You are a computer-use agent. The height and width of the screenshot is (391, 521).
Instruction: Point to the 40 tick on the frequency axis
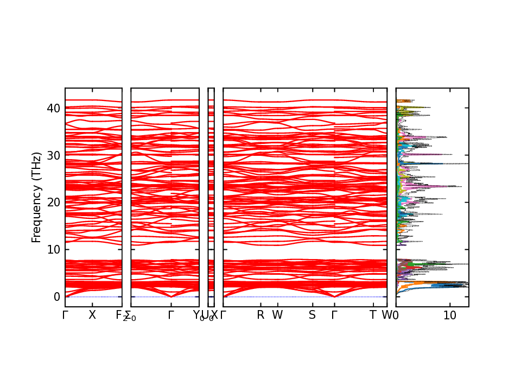click(53, 108)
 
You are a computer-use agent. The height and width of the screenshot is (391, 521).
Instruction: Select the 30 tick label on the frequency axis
click(53, 155)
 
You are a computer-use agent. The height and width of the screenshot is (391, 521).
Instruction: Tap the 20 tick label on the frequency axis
click(53, 202)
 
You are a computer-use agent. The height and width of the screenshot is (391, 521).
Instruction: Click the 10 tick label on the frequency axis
click(53, 249)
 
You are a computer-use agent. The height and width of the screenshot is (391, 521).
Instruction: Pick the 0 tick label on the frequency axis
click(56, 297)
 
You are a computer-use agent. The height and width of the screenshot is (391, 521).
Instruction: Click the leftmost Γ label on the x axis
click(65, 315)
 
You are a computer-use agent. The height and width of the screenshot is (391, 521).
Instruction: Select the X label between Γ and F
click(92, 315)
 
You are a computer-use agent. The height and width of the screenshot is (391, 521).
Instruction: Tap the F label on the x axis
click(119, 315)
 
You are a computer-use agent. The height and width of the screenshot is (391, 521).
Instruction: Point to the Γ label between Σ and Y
click(171, 315)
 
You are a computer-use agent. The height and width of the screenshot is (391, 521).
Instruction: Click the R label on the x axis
click(260, 315)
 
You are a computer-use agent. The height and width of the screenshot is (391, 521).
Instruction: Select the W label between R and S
click(277, 315)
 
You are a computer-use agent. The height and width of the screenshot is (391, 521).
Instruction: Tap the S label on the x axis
click(312, 315)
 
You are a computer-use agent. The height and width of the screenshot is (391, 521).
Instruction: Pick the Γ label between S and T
click(334, 315)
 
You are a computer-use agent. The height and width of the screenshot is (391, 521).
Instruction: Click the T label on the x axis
click(372, 315)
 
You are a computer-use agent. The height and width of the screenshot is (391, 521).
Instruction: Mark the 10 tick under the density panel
click(450, 315)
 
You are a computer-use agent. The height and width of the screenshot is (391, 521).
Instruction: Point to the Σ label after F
click(128, 315)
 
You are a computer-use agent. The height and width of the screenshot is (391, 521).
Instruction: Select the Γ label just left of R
click(223, 315)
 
